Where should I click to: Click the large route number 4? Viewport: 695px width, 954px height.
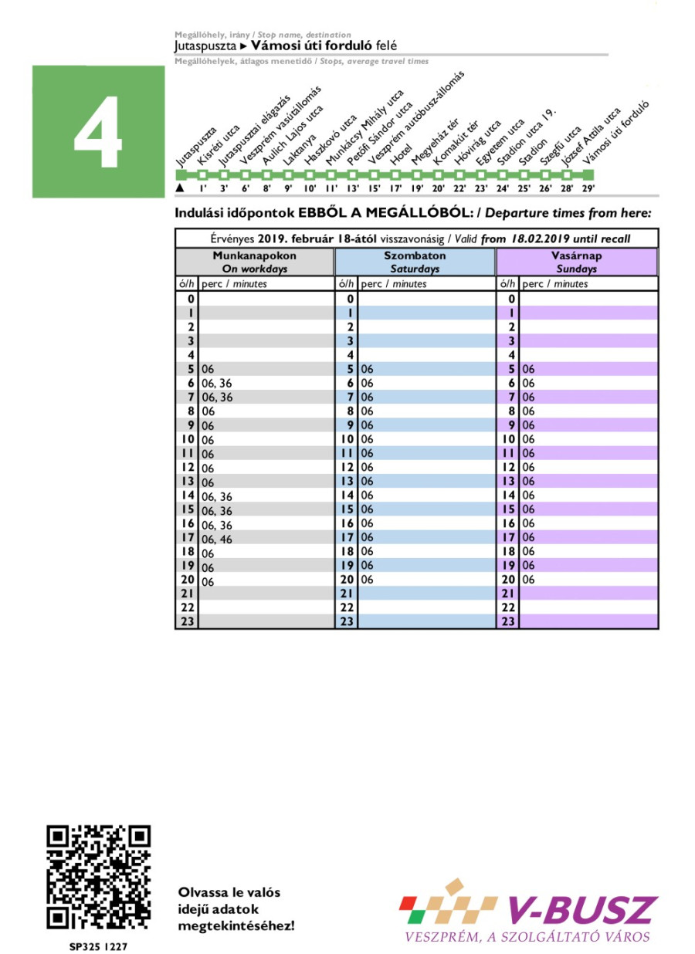(98, 133)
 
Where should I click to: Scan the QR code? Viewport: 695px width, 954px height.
(98, 876)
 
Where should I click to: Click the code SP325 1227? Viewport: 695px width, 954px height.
(98, 944)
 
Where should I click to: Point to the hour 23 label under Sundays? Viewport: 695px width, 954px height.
(507, 621)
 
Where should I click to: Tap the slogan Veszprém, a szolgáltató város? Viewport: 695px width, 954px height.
(527, 937)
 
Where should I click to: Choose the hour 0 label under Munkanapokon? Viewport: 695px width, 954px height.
(187, 299)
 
